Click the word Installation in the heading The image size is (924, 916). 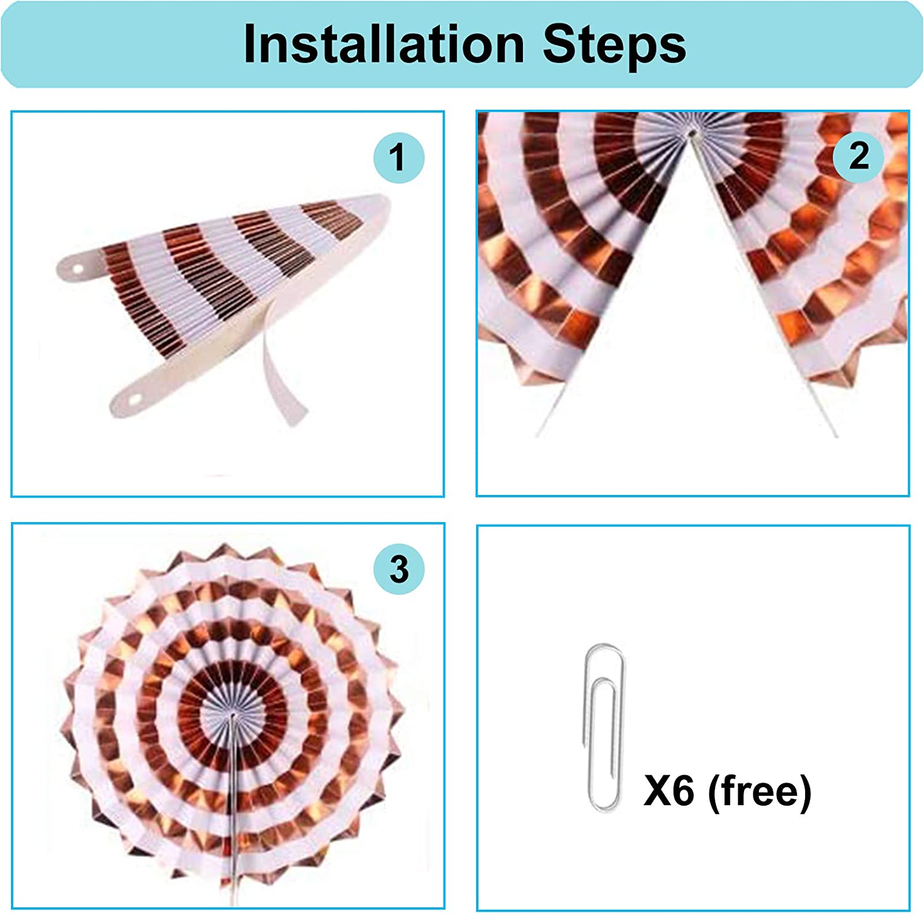384,44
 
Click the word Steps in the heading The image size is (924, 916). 614,45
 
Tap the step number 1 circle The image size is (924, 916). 399,158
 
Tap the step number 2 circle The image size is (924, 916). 859,157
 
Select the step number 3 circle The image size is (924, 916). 399,569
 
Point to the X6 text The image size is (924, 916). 669,790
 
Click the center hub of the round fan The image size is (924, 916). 232,715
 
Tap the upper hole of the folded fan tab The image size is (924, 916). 79,269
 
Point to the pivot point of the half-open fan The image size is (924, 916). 691,133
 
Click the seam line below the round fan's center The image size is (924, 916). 233,808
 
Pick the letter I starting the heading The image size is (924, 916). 251,44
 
